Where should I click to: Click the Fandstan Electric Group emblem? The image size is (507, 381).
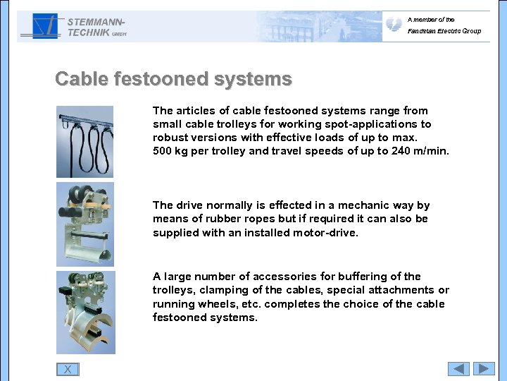tap(394, 25)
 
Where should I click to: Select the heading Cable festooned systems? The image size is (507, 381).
tap(173, 79)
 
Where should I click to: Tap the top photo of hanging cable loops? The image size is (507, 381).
tap(84, 141)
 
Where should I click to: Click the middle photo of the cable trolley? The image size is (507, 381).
tap(84, 224)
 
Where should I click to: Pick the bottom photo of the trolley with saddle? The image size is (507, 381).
tap(84, 312)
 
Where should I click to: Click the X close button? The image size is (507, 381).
tap(68, 369)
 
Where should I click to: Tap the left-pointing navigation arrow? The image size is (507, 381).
tap(459, 368)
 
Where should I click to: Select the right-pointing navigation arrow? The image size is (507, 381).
tap(484, 368)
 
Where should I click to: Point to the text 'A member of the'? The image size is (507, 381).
tap(431, 20)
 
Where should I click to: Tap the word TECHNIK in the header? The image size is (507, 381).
tap(89, 32)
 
